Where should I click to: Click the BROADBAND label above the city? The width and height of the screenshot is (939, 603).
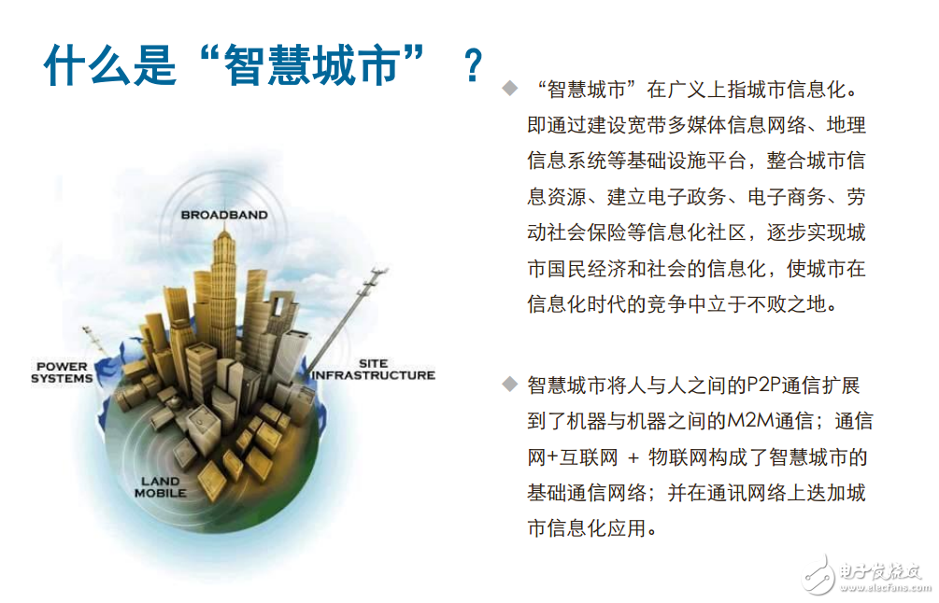coord(224,215)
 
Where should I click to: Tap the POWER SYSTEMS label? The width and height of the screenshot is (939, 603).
coord(62,372)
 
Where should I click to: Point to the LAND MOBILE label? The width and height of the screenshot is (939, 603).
coord(161,486)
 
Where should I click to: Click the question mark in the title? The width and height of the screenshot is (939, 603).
coord(473,67)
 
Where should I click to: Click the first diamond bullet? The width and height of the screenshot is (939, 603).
coord(508,89)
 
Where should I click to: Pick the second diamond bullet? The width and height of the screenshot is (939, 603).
coord(508,384)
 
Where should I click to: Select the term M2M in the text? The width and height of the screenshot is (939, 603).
coord(748,421)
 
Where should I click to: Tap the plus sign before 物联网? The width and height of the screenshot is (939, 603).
coord(634,457)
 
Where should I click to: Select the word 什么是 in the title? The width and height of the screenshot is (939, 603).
coord(110,67)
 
